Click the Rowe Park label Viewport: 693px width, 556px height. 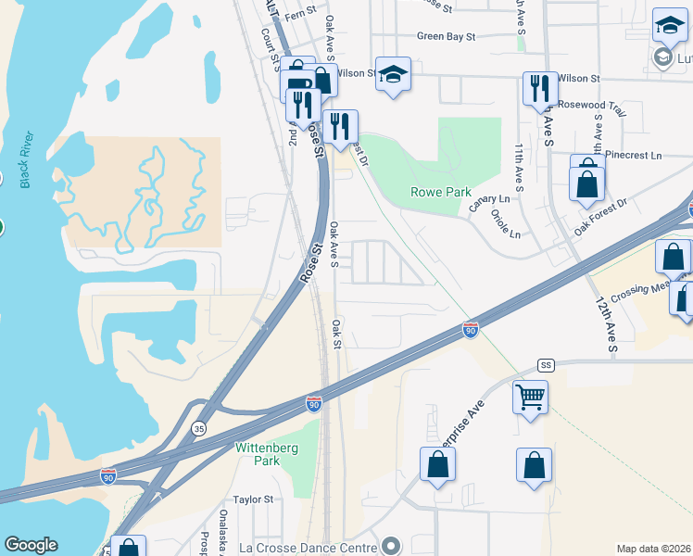441,192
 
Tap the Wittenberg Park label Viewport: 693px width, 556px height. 257,454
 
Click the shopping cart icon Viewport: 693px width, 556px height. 530,398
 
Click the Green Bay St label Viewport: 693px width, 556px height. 446,37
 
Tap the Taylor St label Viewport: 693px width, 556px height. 253,499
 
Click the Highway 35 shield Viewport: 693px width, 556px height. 198,428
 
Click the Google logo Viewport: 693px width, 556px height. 31,545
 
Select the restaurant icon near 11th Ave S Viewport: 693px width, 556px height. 539,89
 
